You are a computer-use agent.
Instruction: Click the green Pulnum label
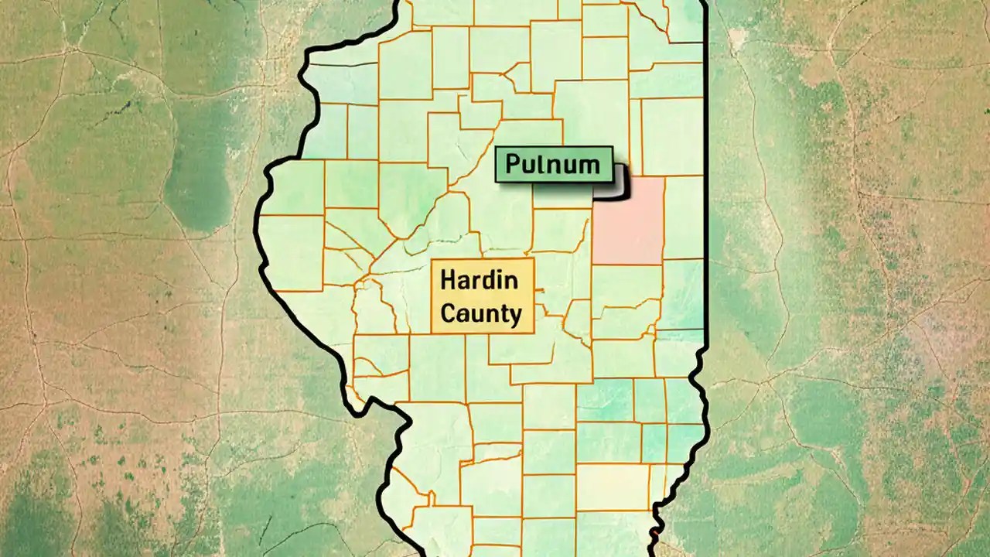pyautogui.click(x=554, y=165)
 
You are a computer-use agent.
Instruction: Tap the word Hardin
pyautogui.click(x=479, y=280)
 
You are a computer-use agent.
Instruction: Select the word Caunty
pyautogui.click(x=481, y=313)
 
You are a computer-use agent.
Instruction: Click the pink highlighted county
pyautogui.click(x=629, y=220)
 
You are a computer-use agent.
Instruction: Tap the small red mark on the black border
pyautogui.click(x=655, y=532)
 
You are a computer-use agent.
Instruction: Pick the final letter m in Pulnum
pyautogui.click(x=590, y=165)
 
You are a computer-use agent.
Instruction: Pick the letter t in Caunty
pyautogui.click(x=501, y=313)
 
